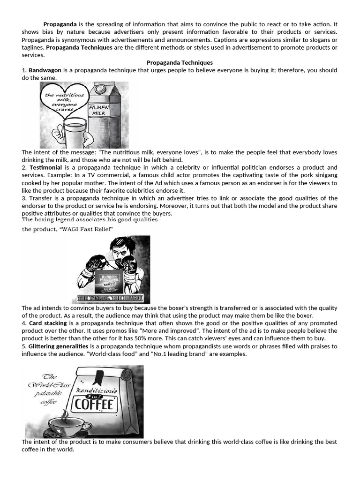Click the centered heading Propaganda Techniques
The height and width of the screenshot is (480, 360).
[180, 62]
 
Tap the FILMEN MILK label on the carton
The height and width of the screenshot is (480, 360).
[99, 110]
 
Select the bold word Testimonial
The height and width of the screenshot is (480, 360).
[45, 167]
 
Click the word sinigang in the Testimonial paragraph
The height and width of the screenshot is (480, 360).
[324, 175]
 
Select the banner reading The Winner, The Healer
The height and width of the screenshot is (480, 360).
[111, 299]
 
